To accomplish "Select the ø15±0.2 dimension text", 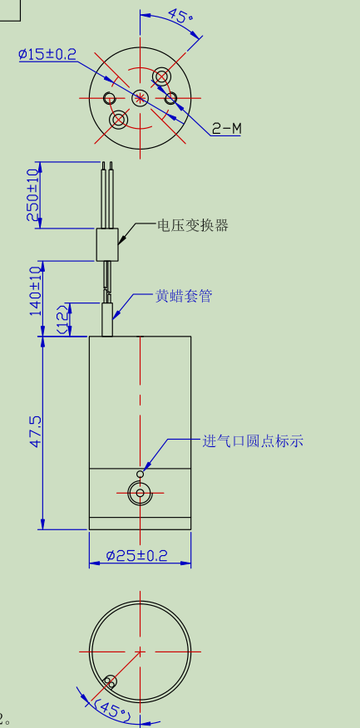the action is point(47,54).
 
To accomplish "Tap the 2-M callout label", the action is point(227,129).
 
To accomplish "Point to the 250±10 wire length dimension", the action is point(33,195).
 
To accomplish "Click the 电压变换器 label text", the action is point(193,226).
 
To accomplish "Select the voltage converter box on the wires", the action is point(107,244).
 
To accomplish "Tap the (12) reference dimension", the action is point(62,319).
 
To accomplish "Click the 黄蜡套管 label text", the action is point(184,296).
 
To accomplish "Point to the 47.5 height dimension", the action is point(36,432).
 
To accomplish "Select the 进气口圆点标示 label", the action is point(253,440).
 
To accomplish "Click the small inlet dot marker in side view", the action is point(141,474).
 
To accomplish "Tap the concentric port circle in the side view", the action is point(140,493).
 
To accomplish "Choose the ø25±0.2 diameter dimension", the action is point(136,555).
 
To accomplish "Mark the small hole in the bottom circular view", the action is point(110,682).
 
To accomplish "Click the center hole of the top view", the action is point(140,98).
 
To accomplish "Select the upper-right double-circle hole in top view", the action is point(161,76).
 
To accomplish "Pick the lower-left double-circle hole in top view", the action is point(118,120).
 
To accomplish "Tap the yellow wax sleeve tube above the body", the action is point(107,319).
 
